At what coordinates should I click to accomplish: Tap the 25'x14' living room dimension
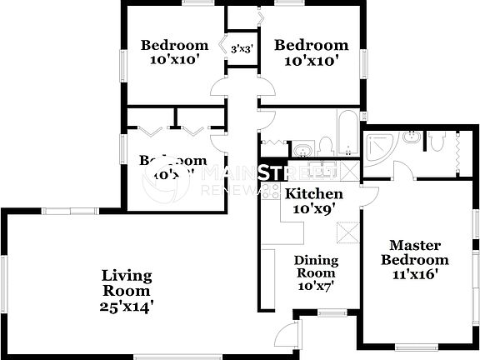[127, 307]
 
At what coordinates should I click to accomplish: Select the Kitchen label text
[311, 194]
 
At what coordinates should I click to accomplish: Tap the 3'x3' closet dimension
[241, 48]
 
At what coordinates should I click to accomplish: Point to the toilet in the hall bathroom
[325, 147]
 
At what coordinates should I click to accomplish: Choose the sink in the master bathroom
[411, 137]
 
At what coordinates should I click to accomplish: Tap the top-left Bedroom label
[174, 45]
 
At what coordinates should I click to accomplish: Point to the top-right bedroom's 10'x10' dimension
[311, 61]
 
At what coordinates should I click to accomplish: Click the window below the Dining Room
[332, 313]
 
